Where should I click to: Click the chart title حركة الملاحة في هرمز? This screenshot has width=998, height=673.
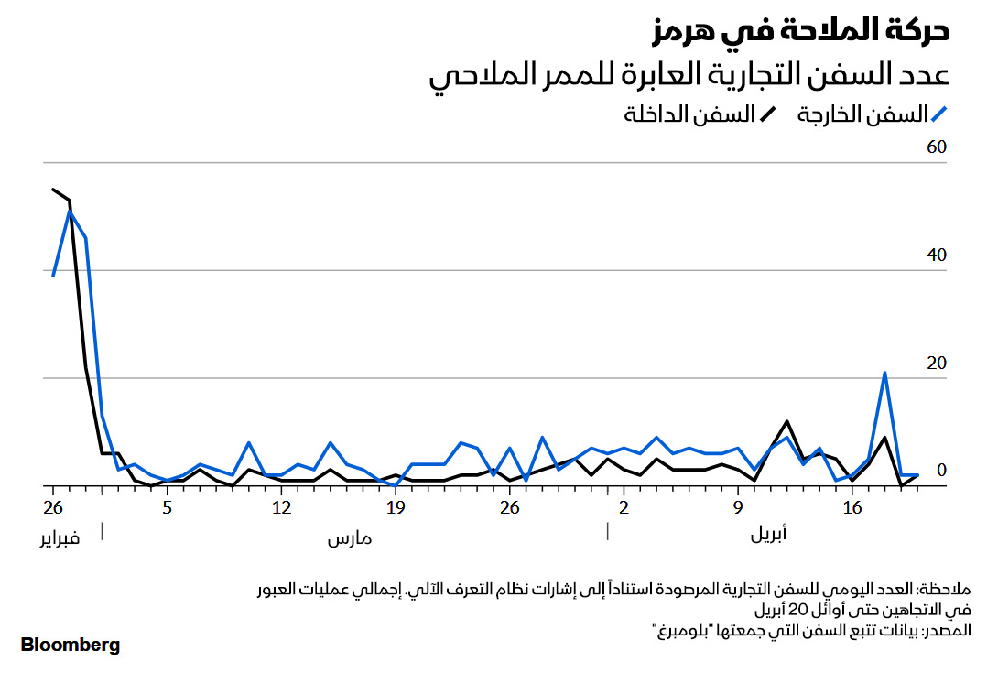[x=800, y=29]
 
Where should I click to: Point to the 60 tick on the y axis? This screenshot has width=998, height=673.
[x=935, y=147]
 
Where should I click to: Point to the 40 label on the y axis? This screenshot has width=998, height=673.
[x=935, y=255]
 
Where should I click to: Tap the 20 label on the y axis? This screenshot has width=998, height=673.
[x=935, y=364]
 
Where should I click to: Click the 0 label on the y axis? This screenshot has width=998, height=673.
[x=939, y=471]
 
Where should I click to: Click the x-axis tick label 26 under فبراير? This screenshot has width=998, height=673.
[x=53, y=507]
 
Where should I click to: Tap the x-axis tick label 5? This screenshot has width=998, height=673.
[x=167, y=507]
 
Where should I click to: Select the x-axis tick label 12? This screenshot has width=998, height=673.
[x=281, y=507]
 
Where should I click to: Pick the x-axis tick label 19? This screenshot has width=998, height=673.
[x=396, y=507]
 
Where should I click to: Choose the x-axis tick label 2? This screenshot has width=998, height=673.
[x=624, y=507]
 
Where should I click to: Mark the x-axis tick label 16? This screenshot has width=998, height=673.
[x=852, y=507]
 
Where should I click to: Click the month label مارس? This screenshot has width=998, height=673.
[x=350, y=538]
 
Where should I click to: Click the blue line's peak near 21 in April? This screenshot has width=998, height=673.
[x=884, y=373]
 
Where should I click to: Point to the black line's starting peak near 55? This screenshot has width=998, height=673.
[x=53, y=190]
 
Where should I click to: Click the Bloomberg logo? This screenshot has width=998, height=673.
[x=71, y=645]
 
